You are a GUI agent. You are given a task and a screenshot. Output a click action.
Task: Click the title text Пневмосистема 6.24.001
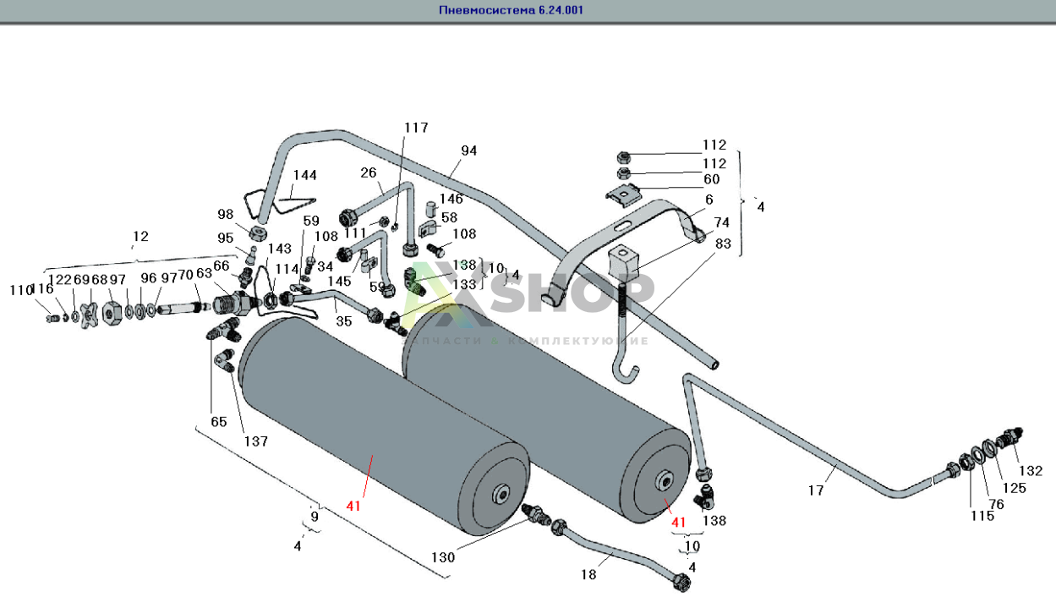pyautogui.click(x=511, y=10)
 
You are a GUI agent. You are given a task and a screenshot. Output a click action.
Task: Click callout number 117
pyautogui.click(x=416, y=128)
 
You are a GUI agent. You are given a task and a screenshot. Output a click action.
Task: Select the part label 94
pyautogui.click(x=468, y=151)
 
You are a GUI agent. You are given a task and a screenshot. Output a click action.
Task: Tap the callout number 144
pyautogui.click(x=304, y=175)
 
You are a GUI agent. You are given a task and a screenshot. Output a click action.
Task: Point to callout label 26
pyautogui.click(x=368, y=173)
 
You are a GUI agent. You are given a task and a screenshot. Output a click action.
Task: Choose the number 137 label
pyautogui.click(x=255, y=441)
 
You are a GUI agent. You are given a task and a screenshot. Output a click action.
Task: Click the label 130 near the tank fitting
pyautogui.click(x=443, y=557)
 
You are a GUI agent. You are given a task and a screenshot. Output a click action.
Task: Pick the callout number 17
pyautogui.click(x=815, y=489)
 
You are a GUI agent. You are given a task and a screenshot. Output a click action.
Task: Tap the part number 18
pyautogui.click(x=588, y=574)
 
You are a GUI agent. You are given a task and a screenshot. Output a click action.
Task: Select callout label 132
pyautogui.click(x=1030, y=471)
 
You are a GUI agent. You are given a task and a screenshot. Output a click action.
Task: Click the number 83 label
pyautogui.click(x=722, y=243)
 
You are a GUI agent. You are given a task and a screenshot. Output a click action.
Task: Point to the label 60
pyautogui.click(x=711, y=179)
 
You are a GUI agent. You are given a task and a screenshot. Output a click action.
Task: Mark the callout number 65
pyautogui.click(x=219, y=421)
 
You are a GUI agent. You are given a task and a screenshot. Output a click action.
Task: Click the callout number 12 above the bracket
pyautogui.click(x=140, y=236)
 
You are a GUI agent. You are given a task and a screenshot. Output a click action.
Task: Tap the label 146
pyautogui.click(x=451, y=200)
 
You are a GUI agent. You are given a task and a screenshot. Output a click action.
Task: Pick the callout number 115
pyautogui.click(x=982, y=516)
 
